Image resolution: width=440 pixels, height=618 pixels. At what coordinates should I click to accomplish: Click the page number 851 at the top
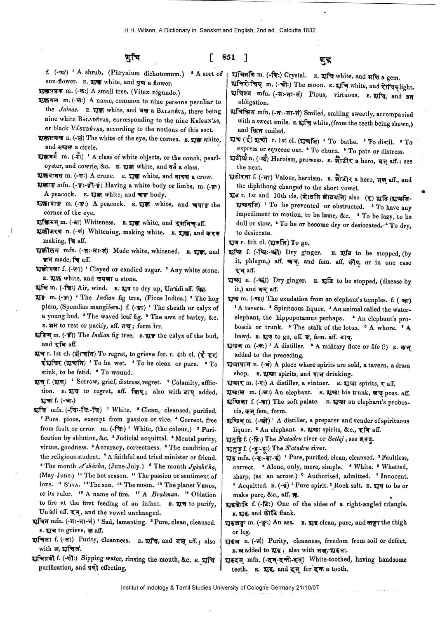tap(228, 57)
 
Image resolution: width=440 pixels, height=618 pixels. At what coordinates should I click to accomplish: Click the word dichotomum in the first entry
tap(161, 74)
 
